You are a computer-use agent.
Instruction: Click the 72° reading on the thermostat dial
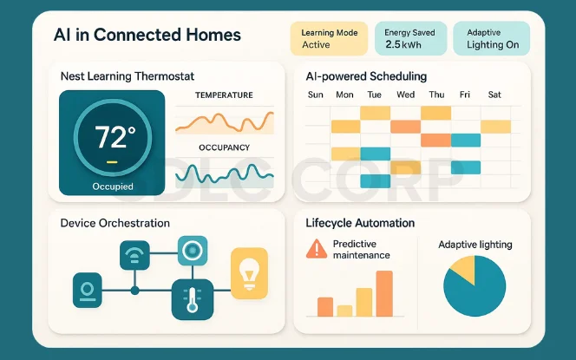point(115,138)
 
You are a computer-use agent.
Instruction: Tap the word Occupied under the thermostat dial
point(113,187)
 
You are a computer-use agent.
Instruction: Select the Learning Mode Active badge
point(328,39)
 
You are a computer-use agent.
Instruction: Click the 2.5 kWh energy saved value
point(403,44)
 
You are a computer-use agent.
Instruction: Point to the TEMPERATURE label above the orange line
point(224,95)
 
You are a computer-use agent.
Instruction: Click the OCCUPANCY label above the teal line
point(224,148)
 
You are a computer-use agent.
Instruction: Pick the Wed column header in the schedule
point(405,95)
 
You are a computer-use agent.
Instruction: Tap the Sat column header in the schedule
point(494,95)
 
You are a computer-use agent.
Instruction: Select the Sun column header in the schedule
point(316,95)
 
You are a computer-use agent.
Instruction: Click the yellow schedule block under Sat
point(495,127)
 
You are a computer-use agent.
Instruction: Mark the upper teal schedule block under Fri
point(465,141)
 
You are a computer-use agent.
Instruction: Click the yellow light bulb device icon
point(249,272)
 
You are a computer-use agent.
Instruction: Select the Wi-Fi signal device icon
point(134,257)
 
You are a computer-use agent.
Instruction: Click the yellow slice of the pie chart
point(461,270)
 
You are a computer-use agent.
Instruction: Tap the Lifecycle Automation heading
point(360,223)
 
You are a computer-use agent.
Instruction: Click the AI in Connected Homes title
point(147,36)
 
